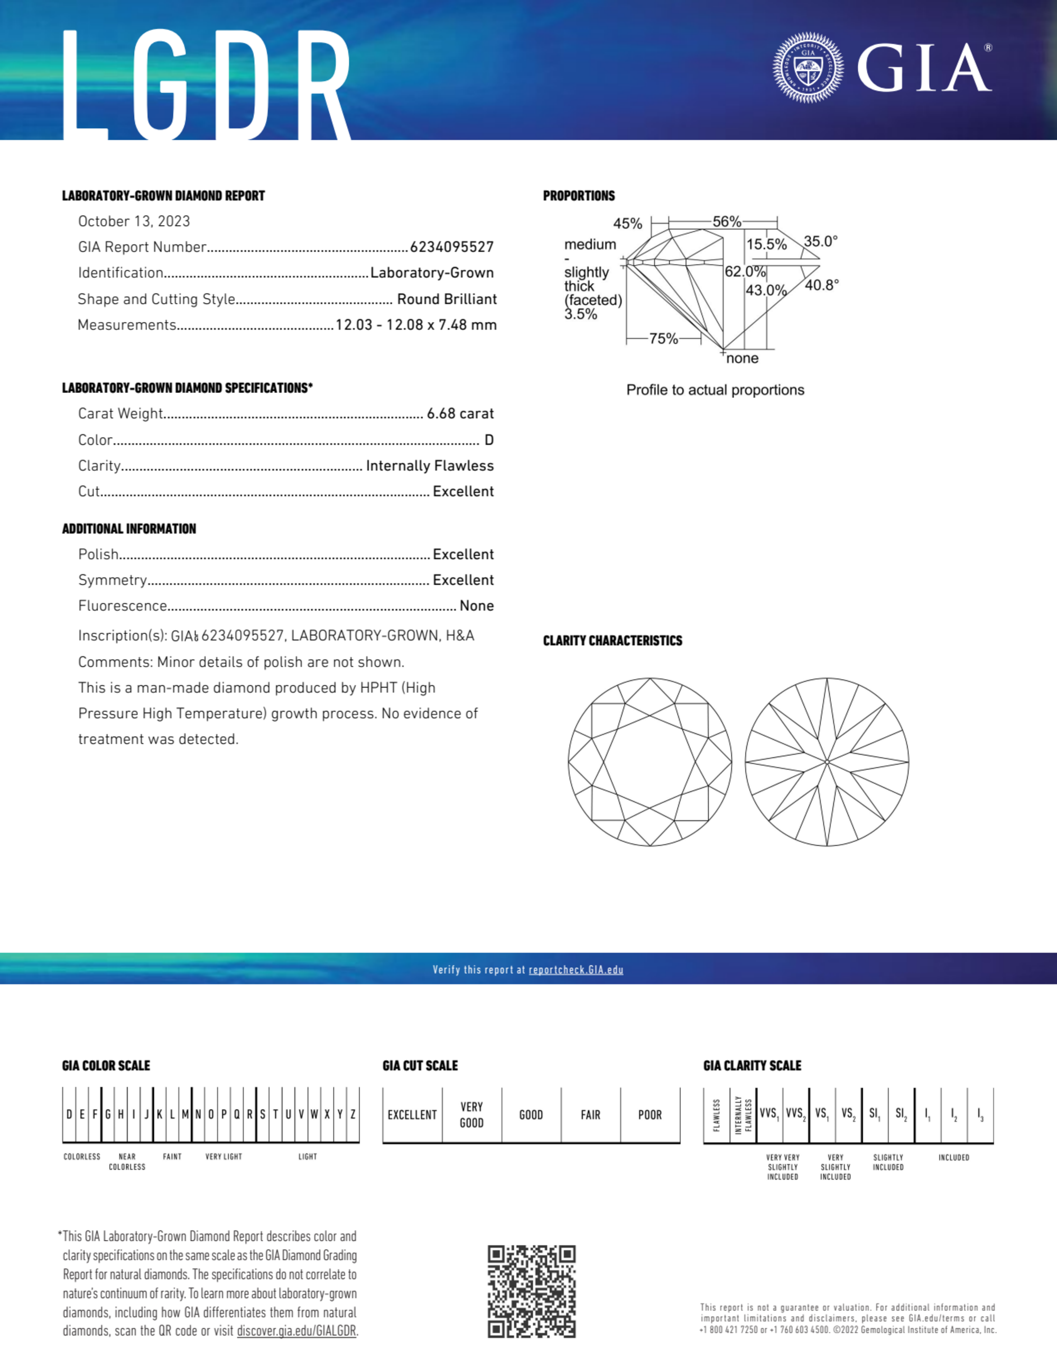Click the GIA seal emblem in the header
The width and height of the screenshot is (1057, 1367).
click(808, 68)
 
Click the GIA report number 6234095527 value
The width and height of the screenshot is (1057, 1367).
click(451, 247)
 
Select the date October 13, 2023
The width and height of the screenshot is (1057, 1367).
click(134, 221)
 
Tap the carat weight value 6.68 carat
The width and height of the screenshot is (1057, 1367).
click(460, 414)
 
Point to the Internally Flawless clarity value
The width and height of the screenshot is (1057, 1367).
click(430, 466)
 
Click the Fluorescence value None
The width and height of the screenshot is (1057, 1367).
click(477, 606)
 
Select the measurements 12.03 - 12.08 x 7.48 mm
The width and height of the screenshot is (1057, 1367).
click(416, 325)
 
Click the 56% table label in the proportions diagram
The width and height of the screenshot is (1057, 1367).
click(726, 221)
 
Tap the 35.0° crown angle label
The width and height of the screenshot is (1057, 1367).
click(820, 241)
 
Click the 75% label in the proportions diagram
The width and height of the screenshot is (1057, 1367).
click(663, 339)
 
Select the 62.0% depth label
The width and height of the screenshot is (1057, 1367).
click(745, 271)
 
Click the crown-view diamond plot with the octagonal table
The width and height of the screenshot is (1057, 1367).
click(650, 762)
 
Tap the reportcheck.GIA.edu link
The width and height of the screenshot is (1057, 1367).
click(576, 970)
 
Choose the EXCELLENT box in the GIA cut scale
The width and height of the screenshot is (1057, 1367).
click(412, 1115)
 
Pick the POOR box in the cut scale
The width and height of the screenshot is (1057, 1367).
click(650, 1115)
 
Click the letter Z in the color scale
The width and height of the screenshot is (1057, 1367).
click(353, 1114)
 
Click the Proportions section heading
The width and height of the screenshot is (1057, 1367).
click(579, 196)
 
